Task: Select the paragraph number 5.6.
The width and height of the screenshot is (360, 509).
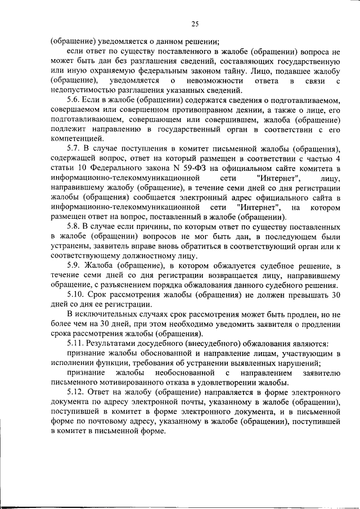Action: pyautogui.click(x=74, y=99)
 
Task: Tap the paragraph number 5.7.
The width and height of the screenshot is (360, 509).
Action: pyautogui.click(x=74, y=148)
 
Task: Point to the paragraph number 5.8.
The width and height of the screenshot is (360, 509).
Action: pyautogui.click(x=74, y=226)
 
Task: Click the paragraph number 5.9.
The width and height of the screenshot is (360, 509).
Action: pyautogui.click(x=74, y=265)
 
